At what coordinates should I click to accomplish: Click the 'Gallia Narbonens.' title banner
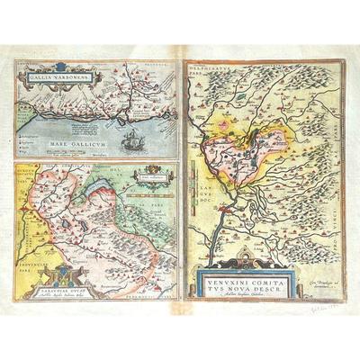(52, 76)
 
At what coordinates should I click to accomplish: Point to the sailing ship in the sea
(133, 140)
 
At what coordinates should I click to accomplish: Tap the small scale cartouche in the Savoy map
(147, 178)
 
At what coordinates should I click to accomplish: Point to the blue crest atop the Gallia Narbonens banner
(52, 67)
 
